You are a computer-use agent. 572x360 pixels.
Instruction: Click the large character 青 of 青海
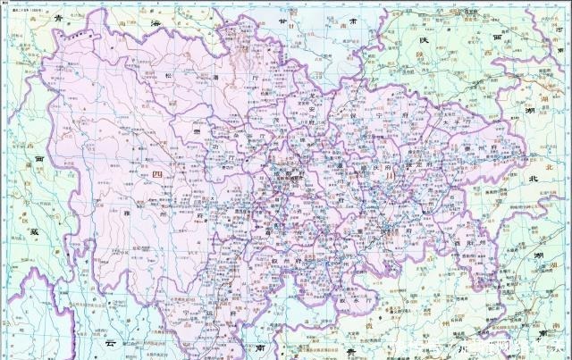[x=59, y=17]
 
